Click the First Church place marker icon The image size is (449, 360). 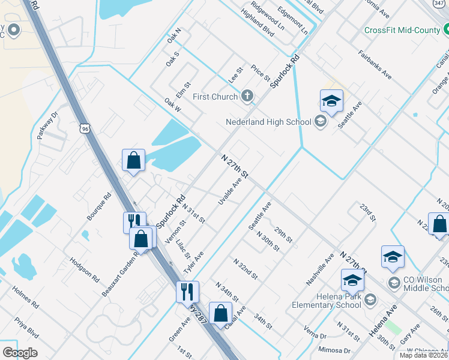click(247, 96)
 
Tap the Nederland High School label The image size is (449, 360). click(268, 122)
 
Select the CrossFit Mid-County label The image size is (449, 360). click(402, 30)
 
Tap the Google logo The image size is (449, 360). click(20, 353)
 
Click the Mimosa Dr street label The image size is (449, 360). click(334, 350)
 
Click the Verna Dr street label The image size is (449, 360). click(315, 333)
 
